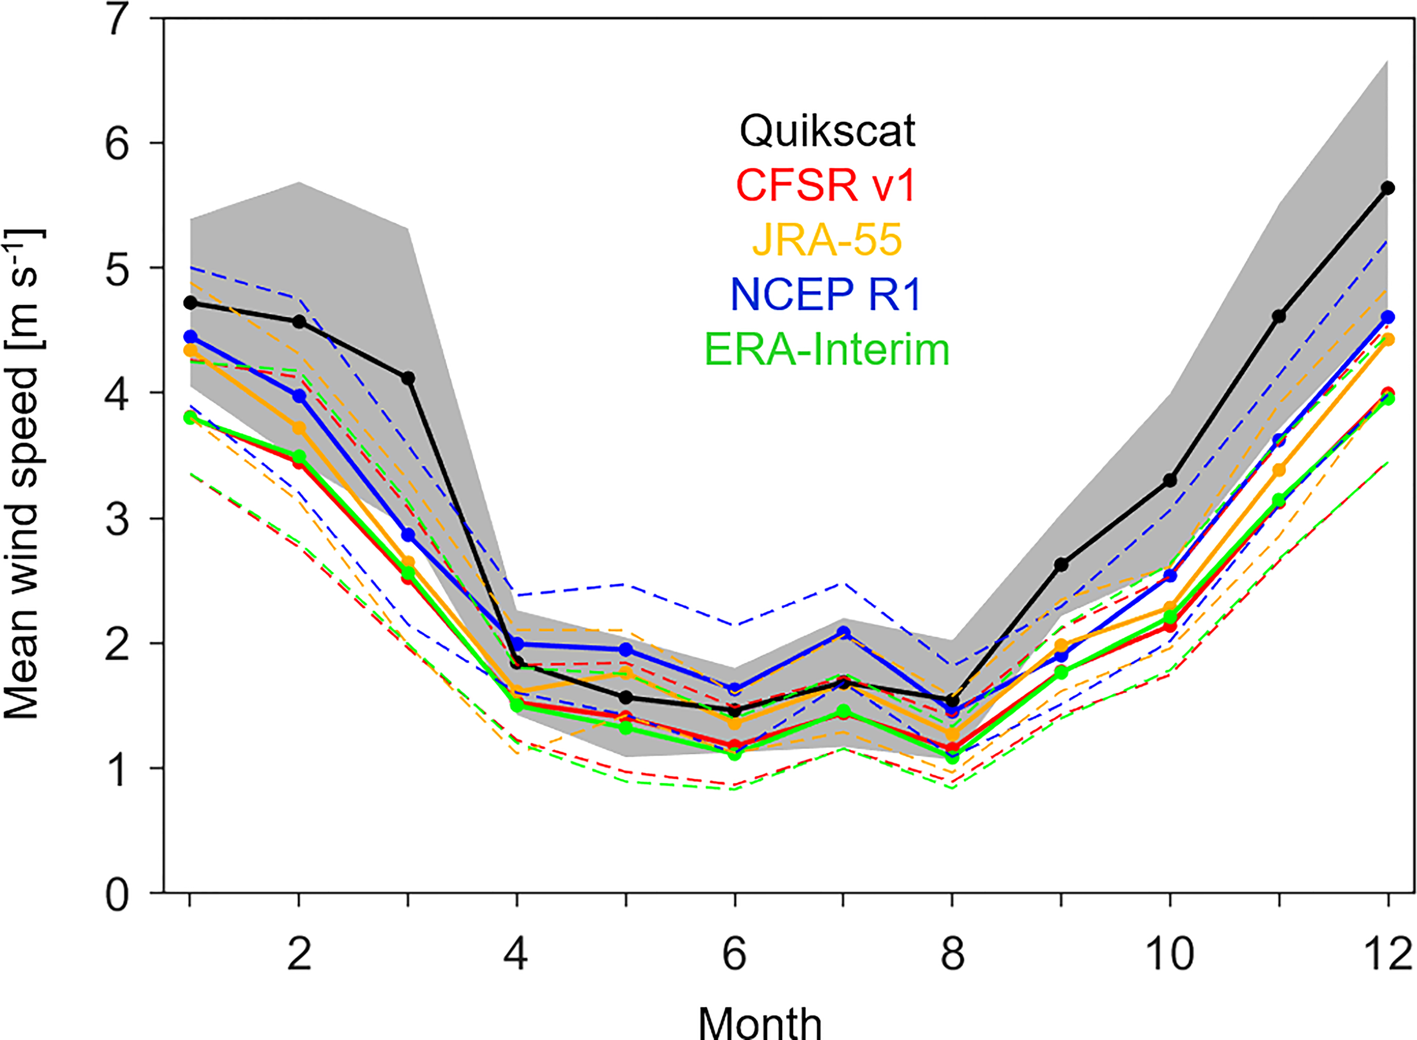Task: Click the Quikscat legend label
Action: tap(827, 131)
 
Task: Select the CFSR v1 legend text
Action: tap(826, 185)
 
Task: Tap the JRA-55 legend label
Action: tap(827, 240)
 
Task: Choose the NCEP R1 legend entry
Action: tap(826, 294)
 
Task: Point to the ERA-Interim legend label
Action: tap(827, 349)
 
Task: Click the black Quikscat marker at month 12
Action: tap(1388, 188)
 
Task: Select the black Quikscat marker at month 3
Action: tap(408, 378)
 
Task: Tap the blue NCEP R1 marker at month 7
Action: tap(844, 633)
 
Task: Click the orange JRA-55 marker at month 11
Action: tap(1279, 470)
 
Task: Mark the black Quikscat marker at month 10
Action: tap(1170, 480)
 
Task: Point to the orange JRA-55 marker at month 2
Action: tap(299, 428)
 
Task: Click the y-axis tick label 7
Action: tap(117, 20)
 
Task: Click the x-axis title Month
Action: tap(760, 1021)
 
